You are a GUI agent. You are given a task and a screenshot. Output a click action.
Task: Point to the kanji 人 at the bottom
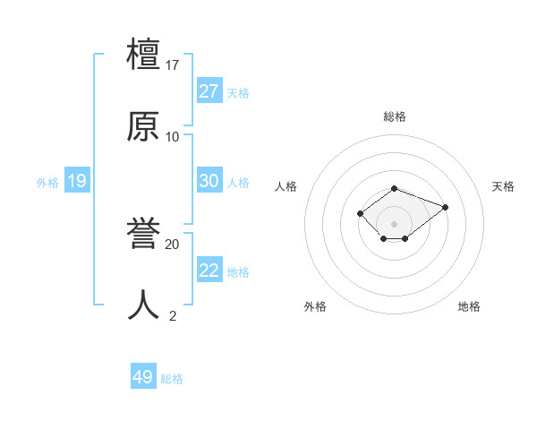tap(143, 305)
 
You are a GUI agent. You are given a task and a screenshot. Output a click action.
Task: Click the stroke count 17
tap(174, 65)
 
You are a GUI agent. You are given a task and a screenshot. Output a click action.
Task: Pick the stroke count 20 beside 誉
tap(173, 244)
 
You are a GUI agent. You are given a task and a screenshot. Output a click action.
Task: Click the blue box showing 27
tap(209, 91)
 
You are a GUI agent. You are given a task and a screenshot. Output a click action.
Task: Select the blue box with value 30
tap(209, 181)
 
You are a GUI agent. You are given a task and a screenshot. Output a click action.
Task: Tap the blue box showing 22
tap(209, 271)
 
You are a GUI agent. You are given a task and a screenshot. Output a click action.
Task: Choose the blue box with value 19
tap(76, 182)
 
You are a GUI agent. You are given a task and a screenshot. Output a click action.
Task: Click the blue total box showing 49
tap(143, 377)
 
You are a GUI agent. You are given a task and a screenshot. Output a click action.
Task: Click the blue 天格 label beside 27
tap(238, 93)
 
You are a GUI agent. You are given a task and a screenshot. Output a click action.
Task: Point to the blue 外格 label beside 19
tap(47, 183)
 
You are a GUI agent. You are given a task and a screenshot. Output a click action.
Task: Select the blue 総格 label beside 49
tap(172, 379)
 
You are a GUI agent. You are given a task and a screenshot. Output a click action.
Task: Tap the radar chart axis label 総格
tap(394, 116)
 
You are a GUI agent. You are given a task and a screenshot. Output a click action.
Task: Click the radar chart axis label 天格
tap(503, 186)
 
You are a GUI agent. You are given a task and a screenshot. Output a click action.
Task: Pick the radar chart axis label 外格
tap(315, 306)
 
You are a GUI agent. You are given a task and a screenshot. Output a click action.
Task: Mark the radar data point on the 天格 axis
tap(445, 207)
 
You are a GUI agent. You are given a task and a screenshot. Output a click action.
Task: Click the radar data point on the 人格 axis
tap(360, 212)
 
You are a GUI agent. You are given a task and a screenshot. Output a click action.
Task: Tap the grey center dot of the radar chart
tap(394, 223)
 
